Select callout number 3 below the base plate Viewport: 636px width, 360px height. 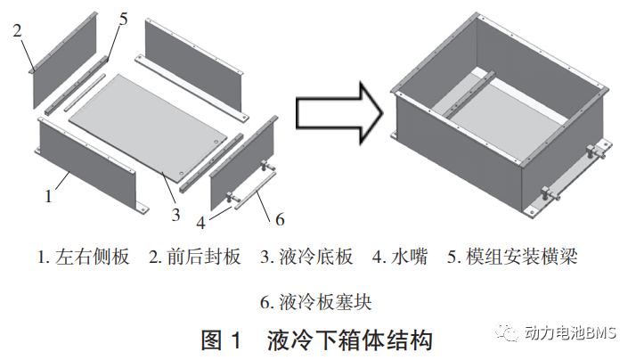click(175, 214)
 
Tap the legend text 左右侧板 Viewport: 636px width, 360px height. click(93, 258)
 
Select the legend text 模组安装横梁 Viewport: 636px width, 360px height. click(525, 258)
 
